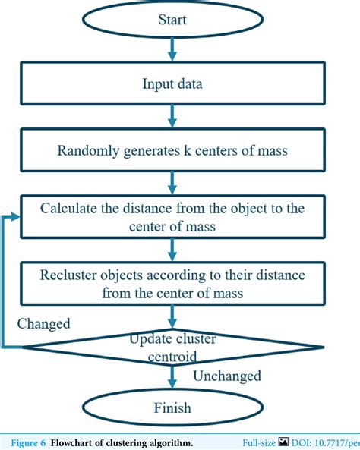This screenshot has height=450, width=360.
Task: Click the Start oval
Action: [174, 20]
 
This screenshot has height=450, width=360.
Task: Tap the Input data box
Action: [174, 83]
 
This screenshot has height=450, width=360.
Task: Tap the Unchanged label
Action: [226, 376]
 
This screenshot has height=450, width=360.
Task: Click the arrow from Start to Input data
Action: [174, 50]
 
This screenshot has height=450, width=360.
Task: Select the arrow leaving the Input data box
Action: [174, 115]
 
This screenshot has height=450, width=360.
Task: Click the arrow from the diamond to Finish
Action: [174, 376]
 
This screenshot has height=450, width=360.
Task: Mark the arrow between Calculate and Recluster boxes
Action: [174, 248]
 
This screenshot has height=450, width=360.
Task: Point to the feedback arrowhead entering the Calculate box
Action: [16, 216]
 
